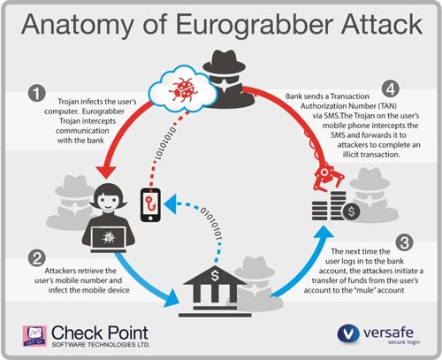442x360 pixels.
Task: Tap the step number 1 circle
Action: coord(37,93)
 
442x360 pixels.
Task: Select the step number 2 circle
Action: coord(37,258)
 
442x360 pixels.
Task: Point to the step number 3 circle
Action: coord(404,242)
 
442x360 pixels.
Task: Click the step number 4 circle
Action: coord(391,89)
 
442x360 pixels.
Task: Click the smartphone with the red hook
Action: coord(150,205)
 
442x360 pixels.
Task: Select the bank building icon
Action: coord(215,291)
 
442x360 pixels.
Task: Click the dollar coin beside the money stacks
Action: coord(351,211)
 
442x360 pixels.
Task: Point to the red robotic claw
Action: coord(328,178)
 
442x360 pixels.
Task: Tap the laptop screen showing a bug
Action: coord(108,238)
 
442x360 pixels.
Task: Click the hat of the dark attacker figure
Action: coord(224,61)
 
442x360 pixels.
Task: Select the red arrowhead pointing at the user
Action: coord(106,172)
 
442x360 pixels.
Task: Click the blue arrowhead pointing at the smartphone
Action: coord(170,204)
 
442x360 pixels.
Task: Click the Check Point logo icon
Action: coord(34,336)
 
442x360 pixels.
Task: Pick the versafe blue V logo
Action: coord(348,334)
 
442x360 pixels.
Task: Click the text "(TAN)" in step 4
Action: coord(387,106)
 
